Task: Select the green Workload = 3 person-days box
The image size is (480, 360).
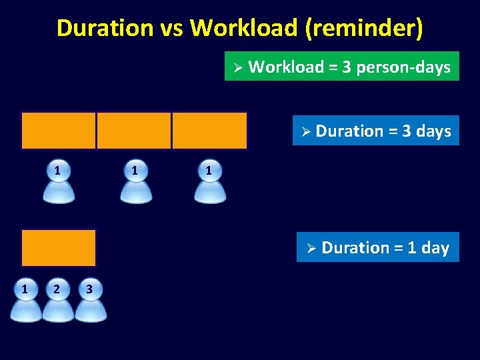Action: tap(341, 67)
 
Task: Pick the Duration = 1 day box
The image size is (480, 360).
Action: tap(377, 247)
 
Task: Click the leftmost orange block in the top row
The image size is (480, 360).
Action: tap(59, 131)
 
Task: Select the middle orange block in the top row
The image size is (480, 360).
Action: tap(134, 131)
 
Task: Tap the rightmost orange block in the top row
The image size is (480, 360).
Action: tap(209, 131)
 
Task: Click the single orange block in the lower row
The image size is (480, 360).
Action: tap(59, 248)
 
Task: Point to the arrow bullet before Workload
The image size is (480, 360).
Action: tap(236, 67)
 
